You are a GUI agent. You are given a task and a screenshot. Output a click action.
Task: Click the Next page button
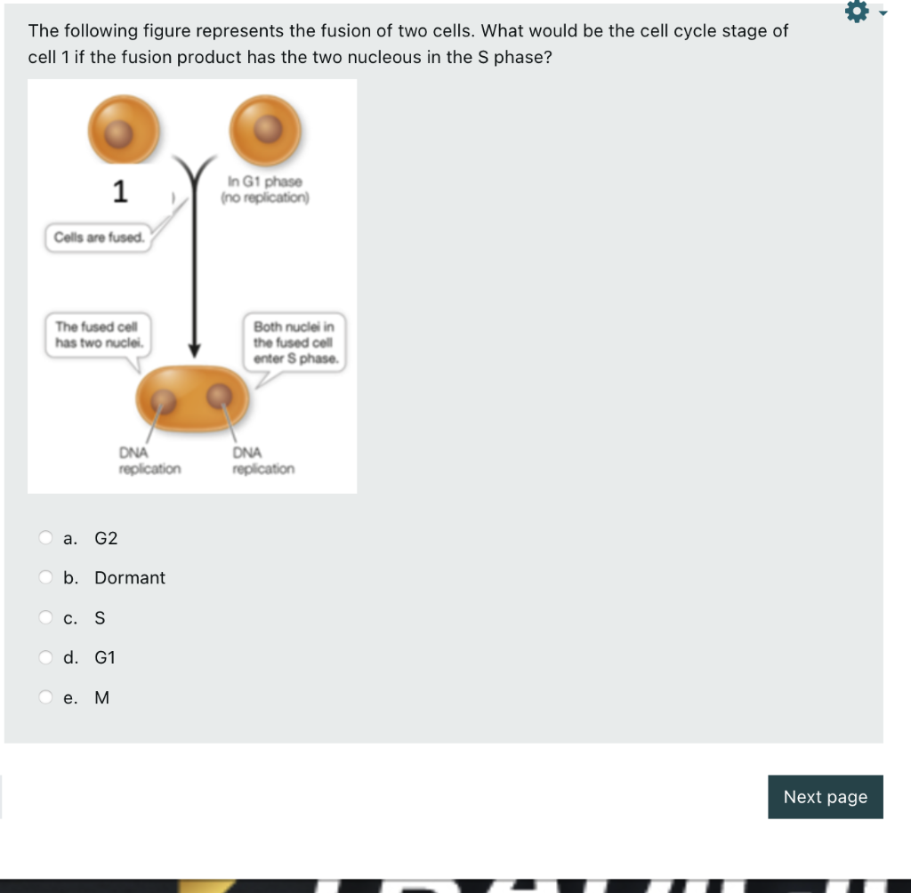825,797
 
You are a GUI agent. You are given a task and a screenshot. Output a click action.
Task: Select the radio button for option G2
45,537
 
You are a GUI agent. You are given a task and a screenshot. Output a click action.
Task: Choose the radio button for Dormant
45,577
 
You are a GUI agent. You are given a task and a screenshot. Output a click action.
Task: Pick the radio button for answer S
45,617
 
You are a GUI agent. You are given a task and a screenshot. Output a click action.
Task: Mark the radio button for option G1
45,657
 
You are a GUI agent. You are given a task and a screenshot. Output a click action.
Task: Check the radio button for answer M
45,697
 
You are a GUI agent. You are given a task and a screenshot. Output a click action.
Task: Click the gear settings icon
856,13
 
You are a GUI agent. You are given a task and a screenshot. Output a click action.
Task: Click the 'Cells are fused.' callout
99,237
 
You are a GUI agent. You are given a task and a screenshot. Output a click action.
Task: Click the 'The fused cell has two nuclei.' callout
98,334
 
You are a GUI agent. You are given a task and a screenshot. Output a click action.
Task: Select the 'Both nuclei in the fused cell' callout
294,342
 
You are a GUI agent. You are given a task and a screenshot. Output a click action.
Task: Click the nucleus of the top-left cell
120,133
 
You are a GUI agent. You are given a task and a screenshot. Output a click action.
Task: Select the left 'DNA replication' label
149,461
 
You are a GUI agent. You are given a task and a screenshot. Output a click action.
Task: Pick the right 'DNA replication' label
263,461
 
